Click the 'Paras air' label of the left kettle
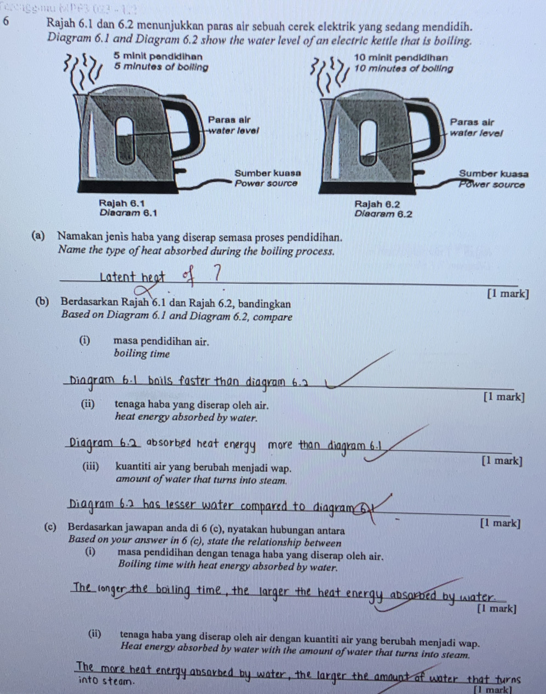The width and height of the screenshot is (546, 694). coord(229,120)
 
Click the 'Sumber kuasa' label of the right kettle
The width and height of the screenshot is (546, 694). coord(493,173)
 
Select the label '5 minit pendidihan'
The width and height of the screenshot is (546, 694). coord(158,57)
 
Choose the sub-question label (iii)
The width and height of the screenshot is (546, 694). coord(91,467)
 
